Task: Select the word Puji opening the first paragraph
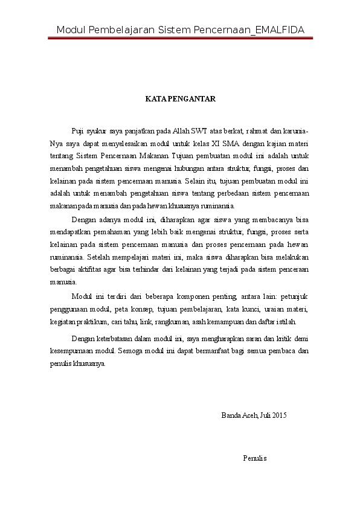[x=77, y=130]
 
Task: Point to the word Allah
[x=181, y=130]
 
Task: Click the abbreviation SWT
[x=199, y=130]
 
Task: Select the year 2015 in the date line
[x=279, y=415]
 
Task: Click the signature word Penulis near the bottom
[x=255, y=458]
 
